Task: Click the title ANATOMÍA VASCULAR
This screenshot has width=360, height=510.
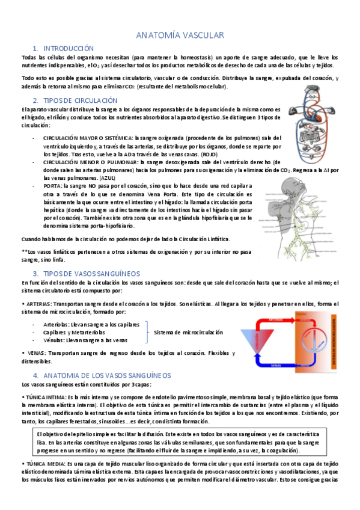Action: (x=180, y=35)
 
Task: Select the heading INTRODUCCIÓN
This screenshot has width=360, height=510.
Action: (x=69, y=48)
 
